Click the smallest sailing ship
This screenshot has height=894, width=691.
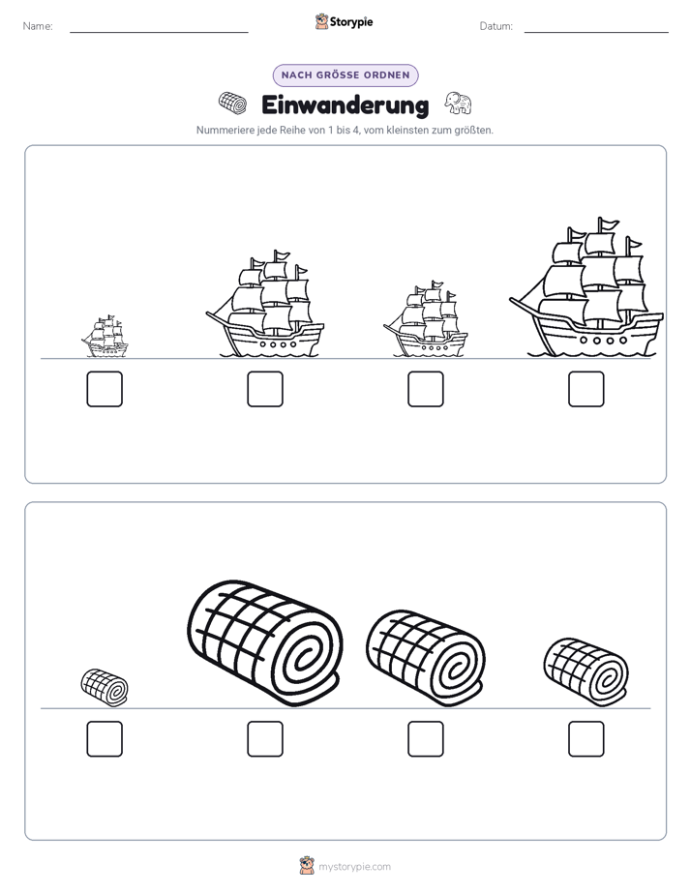105,337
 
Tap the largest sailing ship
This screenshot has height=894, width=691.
586,288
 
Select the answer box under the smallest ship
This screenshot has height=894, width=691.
105,389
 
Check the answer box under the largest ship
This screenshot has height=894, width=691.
586,389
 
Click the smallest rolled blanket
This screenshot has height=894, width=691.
105,688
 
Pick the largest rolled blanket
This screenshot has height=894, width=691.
265,643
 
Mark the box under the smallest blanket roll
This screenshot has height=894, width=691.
105,739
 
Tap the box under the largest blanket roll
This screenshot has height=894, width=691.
265,739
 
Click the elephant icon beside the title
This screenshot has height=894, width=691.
458,104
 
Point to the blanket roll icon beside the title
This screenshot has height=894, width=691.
232,104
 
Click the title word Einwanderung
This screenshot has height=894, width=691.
345,105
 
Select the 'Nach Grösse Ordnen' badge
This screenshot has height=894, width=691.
345,75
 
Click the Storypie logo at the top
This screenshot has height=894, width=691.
344,21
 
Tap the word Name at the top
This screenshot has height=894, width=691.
38,26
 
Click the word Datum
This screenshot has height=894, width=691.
496,26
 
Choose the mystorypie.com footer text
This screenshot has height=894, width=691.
354,867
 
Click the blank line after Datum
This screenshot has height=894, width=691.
596,32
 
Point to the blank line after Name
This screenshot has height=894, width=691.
159,32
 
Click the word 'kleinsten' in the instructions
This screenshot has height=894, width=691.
405,130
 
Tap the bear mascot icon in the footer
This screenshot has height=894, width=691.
307,866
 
